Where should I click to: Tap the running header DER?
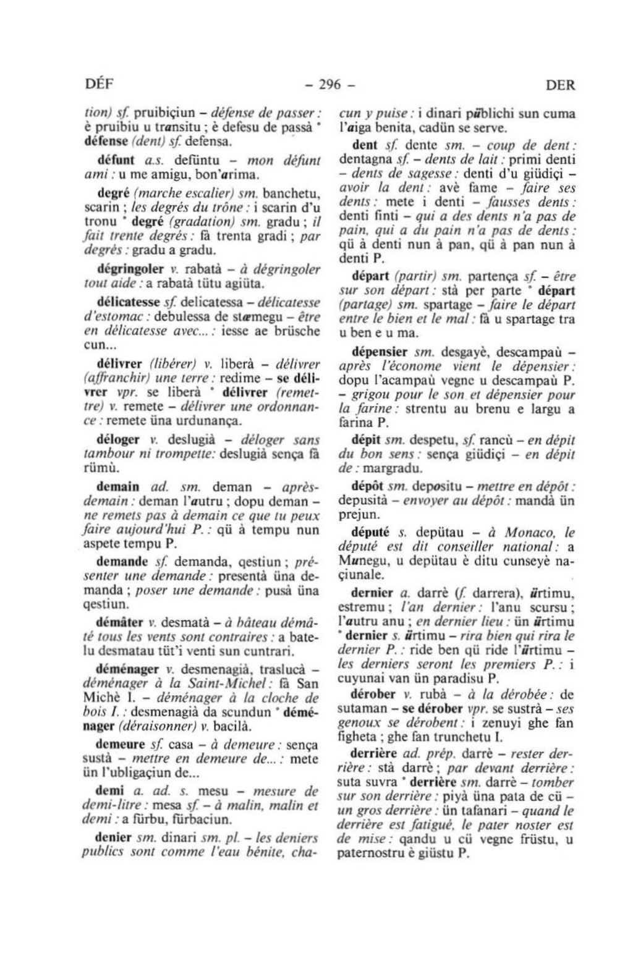click(x=560, y=86)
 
